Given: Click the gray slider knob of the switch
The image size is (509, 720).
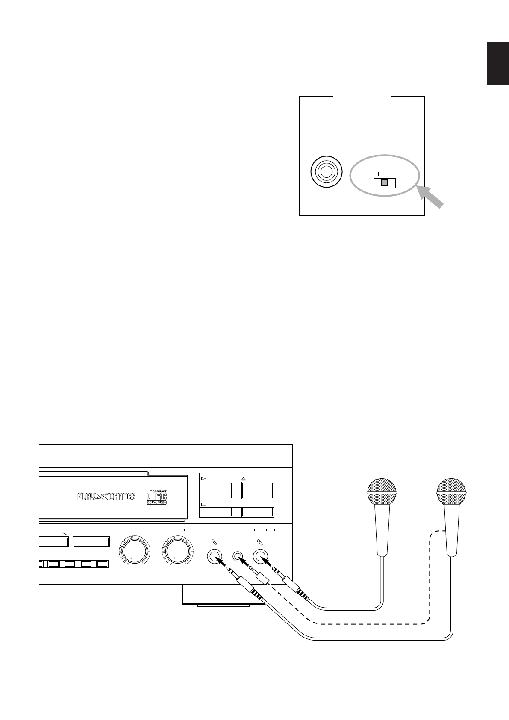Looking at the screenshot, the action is (385, 183).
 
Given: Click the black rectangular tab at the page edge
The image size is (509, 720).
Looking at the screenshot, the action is (498, 64).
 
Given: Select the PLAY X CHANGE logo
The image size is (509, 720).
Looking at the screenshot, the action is (106, 496).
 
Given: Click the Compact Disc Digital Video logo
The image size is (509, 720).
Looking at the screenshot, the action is (156, 497).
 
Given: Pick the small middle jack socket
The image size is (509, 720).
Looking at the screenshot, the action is (238, 556).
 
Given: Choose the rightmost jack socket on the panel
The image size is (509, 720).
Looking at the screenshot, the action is (261, 556).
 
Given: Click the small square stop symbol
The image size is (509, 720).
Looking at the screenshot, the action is (203, 504).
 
